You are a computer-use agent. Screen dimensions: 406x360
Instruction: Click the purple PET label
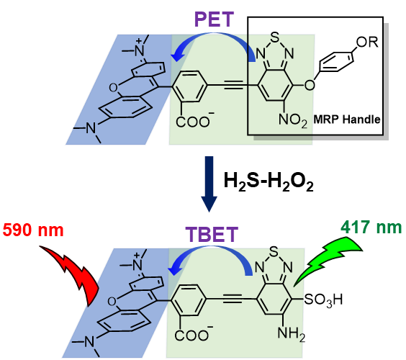pos(214,19)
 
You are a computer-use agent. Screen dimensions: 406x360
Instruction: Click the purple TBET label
pos(212,235)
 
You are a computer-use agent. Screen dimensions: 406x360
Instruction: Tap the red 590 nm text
pos(33,230)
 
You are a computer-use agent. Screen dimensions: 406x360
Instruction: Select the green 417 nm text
pos(371,228)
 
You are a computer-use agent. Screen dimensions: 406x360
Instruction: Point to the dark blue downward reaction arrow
pos(209,184)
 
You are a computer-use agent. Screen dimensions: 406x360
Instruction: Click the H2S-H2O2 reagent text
pos(269,181)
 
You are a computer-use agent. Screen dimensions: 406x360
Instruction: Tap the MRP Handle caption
pos(347,120)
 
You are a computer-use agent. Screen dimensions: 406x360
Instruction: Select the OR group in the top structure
pos(367,42)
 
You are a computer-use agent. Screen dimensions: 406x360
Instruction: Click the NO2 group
pos(292,120)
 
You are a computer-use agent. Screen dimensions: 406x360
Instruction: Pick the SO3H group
pos(323,300)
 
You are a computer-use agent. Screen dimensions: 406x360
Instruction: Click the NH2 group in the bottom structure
pos(291,333)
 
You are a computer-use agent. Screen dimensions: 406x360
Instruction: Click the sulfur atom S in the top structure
pos(275,37)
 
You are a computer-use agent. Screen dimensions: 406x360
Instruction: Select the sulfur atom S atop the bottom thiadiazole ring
pos(274,251)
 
